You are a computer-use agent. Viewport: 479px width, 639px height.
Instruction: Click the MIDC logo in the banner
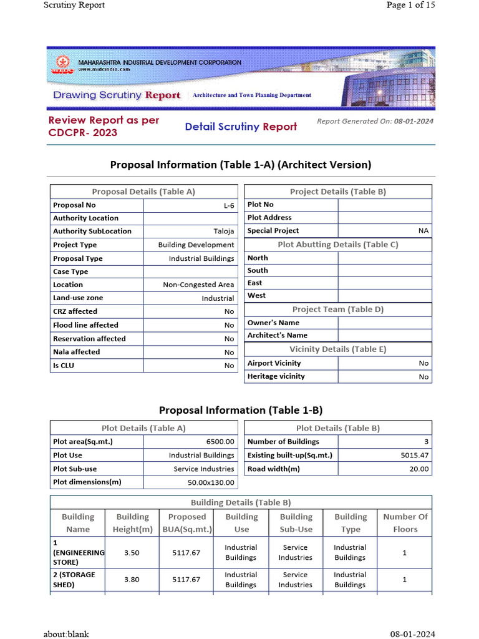click(x=61, y=66)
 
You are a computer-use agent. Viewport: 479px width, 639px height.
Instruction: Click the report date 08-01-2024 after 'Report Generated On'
click(x=414, y=122)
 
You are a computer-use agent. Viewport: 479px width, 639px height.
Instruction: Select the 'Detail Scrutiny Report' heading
click(x=241, y=127)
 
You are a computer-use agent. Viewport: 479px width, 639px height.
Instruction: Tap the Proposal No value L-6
click(x=228, y=205)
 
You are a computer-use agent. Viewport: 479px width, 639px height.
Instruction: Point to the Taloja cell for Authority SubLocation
click(x=224, y=232)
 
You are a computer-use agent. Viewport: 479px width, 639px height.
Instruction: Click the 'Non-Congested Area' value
click(x=198, y=285)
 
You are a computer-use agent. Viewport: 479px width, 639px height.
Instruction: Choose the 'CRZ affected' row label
click(x=75, y=311)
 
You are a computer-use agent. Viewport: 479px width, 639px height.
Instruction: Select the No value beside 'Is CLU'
click(x=229, y=366)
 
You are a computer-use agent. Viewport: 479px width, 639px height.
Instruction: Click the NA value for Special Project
click(x=423, y=231)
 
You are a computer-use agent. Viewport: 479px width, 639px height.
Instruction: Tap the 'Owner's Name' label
click(x=273, y=323)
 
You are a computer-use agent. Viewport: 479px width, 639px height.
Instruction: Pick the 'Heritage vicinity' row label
click(x=276, y=376)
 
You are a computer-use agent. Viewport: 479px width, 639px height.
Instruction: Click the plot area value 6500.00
click(x=220, y=442)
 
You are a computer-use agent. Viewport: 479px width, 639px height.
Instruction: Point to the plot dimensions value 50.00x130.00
click(x=211, y=482)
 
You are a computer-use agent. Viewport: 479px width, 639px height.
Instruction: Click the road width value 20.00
click(x=419, y=469)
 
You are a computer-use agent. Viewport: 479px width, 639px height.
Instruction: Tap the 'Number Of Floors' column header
click(x=405, y=523)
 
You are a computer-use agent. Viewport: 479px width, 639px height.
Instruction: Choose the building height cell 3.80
click(x=132, y=580)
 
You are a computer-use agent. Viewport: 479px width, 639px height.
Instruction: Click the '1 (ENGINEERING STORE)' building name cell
click(x=78, y=553)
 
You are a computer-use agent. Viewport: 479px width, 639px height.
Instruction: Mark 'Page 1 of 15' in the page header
click(x=410, y=5)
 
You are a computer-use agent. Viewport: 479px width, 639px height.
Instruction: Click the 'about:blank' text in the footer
click(x=66, y=634)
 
